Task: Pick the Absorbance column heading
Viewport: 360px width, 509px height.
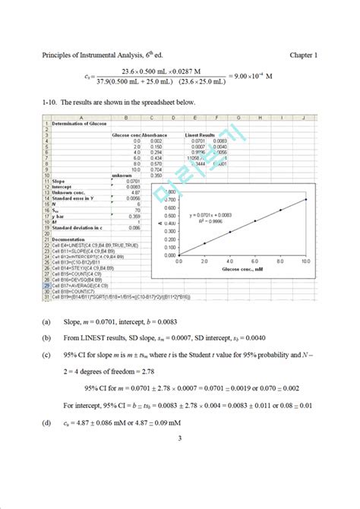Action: [158, 134]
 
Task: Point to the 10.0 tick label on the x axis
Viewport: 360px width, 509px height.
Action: [305, 261]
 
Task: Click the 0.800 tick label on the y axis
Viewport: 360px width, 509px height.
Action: [171, 192]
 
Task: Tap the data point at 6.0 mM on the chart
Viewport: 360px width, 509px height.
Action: [254, 221]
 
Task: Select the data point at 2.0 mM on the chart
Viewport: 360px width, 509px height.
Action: [204, 243]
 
